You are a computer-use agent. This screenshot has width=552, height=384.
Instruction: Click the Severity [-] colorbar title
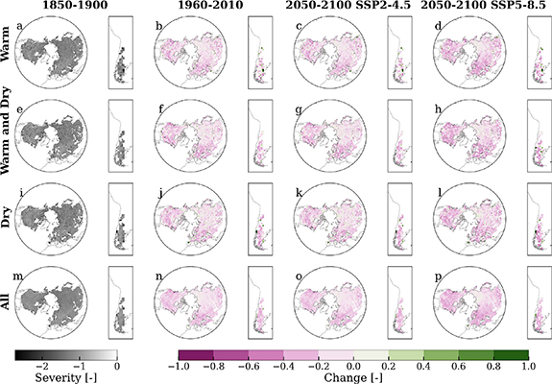click(x=65, y=377)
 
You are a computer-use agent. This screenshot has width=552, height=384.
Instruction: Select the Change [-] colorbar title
click(x=347, y=377)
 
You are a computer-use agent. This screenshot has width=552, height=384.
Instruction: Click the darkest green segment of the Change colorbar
click(x=511, y=354)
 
